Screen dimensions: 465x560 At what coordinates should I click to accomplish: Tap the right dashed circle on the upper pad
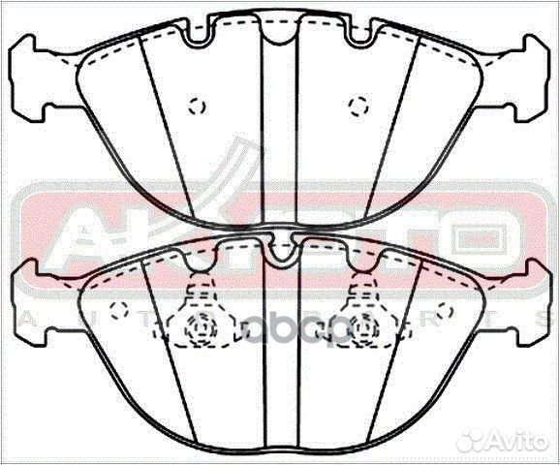(357, 105)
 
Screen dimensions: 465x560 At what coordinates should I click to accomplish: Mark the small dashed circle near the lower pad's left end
(120, 311)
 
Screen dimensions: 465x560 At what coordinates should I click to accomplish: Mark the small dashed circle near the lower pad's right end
(445, 311)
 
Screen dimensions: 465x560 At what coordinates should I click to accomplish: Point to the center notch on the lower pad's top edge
(280, 254)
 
